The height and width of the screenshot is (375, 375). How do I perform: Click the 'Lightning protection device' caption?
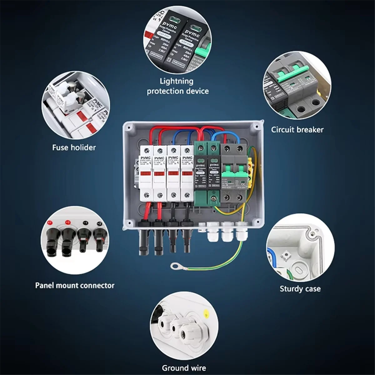[177, 86]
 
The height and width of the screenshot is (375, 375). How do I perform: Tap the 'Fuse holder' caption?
[74, 147]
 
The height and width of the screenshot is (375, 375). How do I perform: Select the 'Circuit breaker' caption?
[297, 129]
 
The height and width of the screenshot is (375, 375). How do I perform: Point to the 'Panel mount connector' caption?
[75, 285]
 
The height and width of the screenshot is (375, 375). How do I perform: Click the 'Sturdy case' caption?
[300, 288]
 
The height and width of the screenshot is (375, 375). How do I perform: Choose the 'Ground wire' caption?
[184, 368]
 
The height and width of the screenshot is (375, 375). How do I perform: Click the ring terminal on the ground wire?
[174, 267]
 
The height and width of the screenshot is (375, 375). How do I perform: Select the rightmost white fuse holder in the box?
[187, 173]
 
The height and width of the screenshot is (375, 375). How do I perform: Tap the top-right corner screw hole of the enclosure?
[257, 126]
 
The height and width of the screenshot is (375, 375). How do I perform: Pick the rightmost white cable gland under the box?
[241, 232]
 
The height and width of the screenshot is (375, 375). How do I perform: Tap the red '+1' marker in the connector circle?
[49, 222]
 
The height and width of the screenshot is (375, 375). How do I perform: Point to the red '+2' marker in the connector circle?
[67, 222]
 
